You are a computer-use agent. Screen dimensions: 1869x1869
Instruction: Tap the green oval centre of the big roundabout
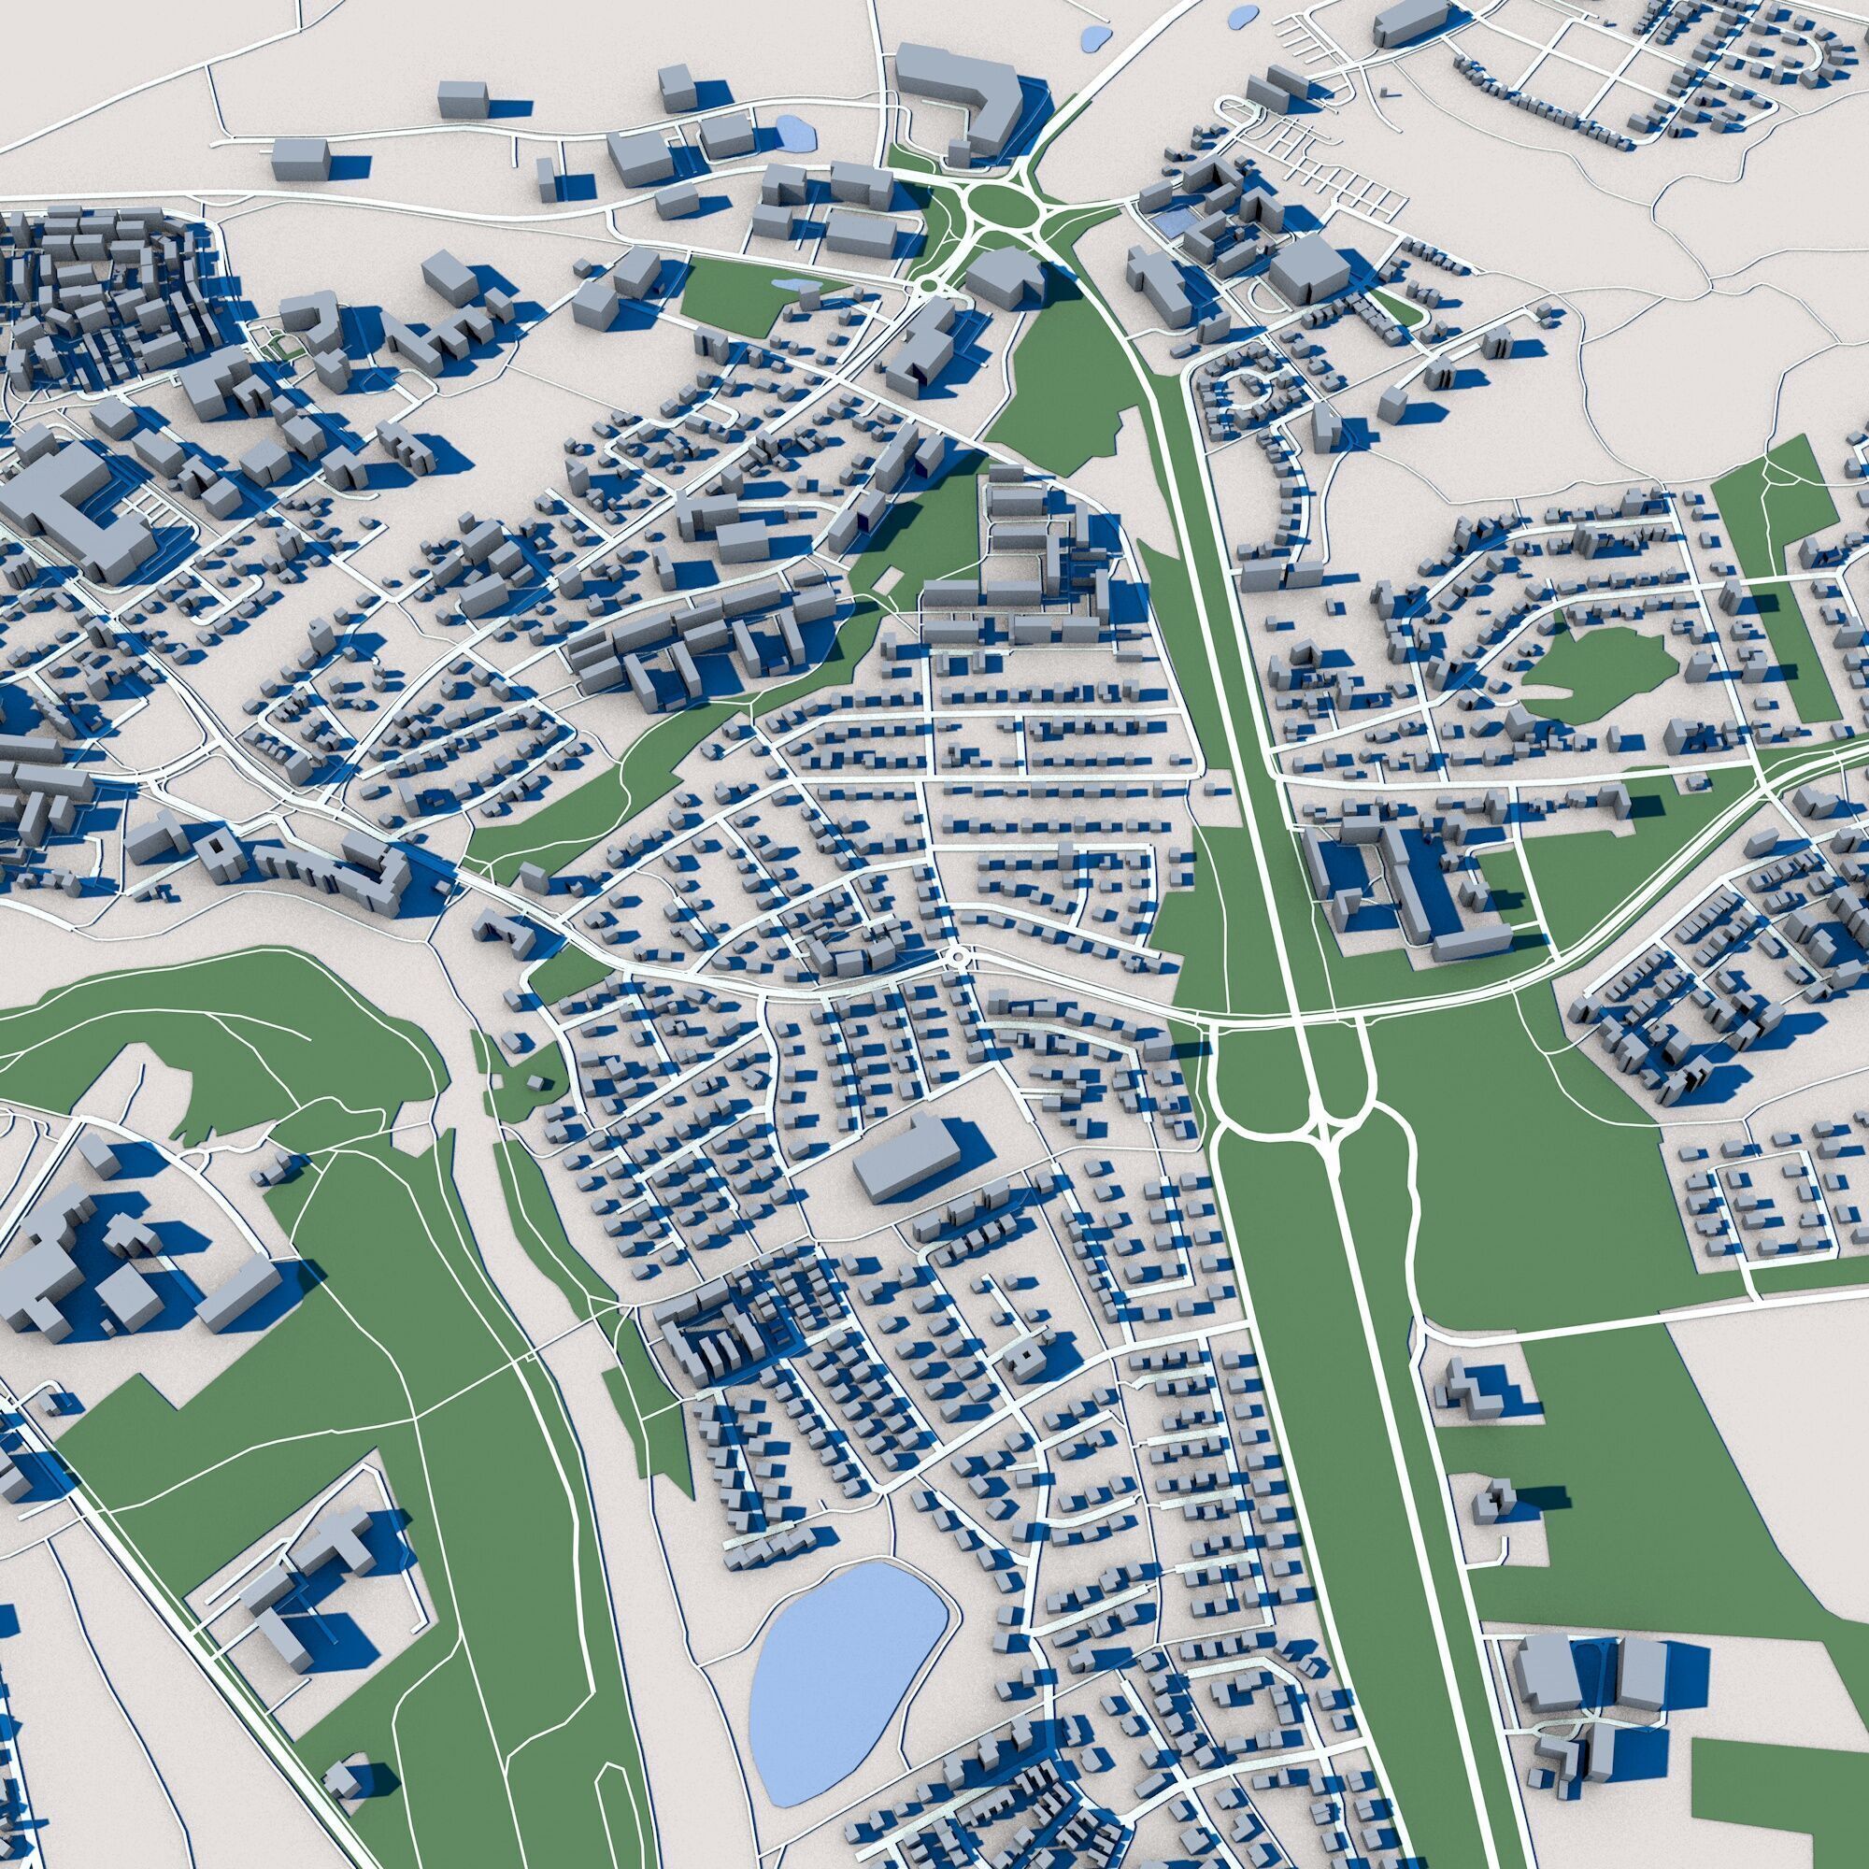[x=1000, y=204]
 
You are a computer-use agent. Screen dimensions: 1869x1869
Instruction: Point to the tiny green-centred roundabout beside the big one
[x=926, y=286]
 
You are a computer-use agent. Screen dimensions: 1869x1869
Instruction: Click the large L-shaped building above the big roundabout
[x=958, y=97]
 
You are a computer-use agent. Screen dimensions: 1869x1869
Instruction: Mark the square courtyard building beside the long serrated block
[x=215, y=845]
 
